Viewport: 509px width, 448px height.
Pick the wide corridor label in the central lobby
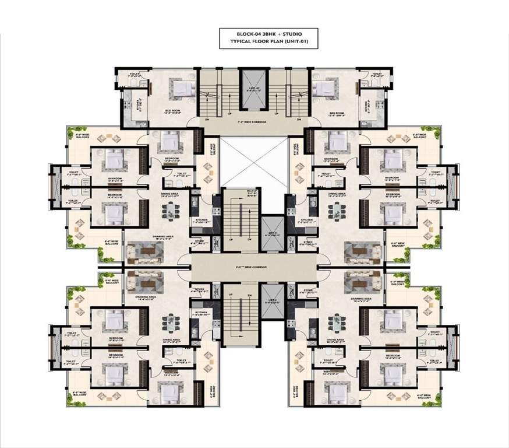pyautogui.click(x=254, y=265)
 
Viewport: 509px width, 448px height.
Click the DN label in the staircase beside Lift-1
pyautogui.click(x=249, y=239)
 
